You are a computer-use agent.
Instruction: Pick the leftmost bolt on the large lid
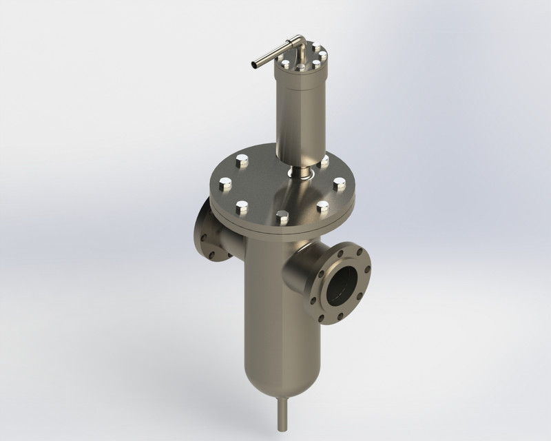click(225, 184)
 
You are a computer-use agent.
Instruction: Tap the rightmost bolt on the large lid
click(339, 184)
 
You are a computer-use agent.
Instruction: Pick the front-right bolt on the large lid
click(322, 205)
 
